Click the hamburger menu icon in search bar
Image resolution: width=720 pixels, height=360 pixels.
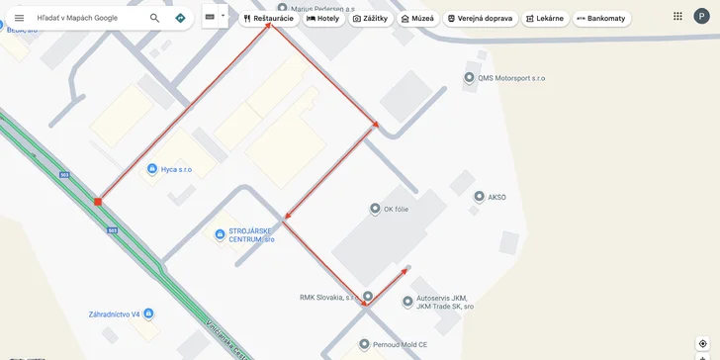click(19, 18)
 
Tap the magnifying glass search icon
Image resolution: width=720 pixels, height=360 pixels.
click(154, 18)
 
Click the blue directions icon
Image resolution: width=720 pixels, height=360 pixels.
click(180, 18)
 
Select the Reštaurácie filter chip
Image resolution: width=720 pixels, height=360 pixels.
click(267, 18)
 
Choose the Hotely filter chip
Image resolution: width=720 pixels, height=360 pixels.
click(322, 18)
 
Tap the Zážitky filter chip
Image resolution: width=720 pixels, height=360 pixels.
click(370, 18)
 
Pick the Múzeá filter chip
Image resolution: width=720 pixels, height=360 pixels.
click(417, 18)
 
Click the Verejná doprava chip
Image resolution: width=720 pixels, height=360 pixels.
click(480, 18)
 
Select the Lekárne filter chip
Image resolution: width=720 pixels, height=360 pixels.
click(544, 18)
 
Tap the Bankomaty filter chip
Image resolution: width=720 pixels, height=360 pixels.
click(601, 18)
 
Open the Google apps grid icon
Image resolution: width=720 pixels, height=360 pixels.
click(677, 16)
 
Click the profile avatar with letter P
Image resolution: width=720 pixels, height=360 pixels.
click(701, 16)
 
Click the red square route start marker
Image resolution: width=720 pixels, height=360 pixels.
click(98, 202)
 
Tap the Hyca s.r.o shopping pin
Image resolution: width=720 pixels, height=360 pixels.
click(151, 169)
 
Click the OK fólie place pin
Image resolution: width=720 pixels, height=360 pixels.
click(375, 208)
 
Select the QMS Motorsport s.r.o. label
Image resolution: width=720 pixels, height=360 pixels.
click(510, 78)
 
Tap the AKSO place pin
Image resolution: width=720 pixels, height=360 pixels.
click(479, 197)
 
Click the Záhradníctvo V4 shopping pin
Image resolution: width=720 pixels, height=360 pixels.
click(147, 314)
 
